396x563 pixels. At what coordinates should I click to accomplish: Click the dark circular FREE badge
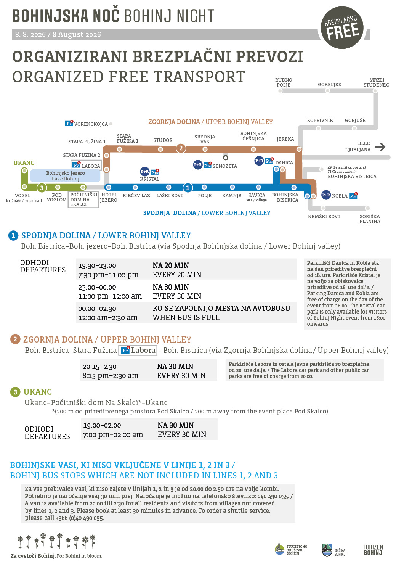[342, 27]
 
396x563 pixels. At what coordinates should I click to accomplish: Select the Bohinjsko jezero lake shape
[65, 176]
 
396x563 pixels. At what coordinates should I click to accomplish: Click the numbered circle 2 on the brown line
[181, 148]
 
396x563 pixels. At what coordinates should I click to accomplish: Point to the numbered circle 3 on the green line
[42, 188]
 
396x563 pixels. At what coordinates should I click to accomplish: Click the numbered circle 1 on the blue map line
[187, 188]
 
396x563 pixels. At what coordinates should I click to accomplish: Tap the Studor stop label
[163, 140]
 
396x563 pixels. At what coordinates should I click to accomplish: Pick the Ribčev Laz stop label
[136, 196]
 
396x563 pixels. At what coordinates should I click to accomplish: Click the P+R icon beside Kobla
[326, 195]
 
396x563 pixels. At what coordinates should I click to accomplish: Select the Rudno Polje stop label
[284, 82]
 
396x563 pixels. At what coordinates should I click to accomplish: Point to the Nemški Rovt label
[324, 217]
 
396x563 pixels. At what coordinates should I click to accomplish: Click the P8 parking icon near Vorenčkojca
[69, 123]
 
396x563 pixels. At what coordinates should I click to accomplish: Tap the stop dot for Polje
[204, 187]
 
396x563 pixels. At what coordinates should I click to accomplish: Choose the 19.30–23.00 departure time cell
[97, 265]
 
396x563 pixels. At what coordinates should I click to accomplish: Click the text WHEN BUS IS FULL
[186, 318]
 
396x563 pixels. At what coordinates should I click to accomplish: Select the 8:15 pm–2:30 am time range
[111, 376]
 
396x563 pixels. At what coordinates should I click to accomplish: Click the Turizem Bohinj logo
[373, 550]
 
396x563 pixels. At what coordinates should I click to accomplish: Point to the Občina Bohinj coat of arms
[327, 550]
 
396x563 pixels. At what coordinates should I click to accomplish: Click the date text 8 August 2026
[77, 34]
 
